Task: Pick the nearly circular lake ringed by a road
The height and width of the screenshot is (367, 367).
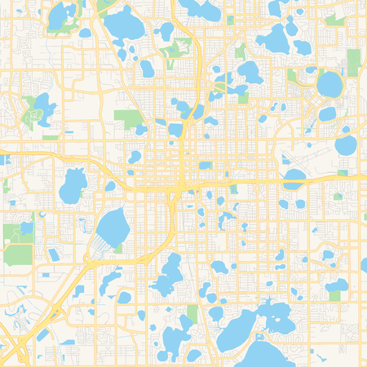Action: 329,83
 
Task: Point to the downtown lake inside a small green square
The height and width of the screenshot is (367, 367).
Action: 205,166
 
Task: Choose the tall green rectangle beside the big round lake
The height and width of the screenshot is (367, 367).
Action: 353,62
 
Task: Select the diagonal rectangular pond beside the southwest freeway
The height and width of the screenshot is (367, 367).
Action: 43,334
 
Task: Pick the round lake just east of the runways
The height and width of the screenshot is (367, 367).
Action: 346,145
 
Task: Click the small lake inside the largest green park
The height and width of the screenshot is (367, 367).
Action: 40,107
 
